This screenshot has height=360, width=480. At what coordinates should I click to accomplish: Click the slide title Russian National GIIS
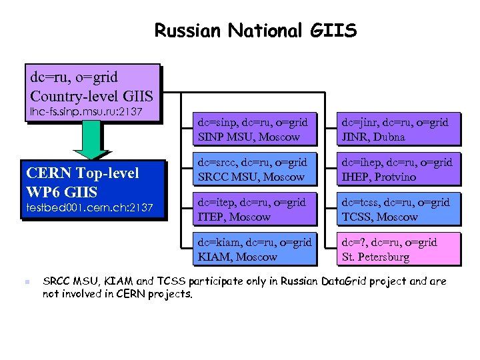[x=255, y=31]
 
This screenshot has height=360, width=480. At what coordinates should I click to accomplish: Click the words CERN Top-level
[x=82, y=173]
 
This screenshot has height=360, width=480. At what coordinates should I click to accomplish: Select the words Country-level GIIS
[x=91, y=95]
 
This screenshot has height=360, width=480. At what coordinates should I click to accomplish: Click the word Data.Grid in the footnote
[x=343, y=281]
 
